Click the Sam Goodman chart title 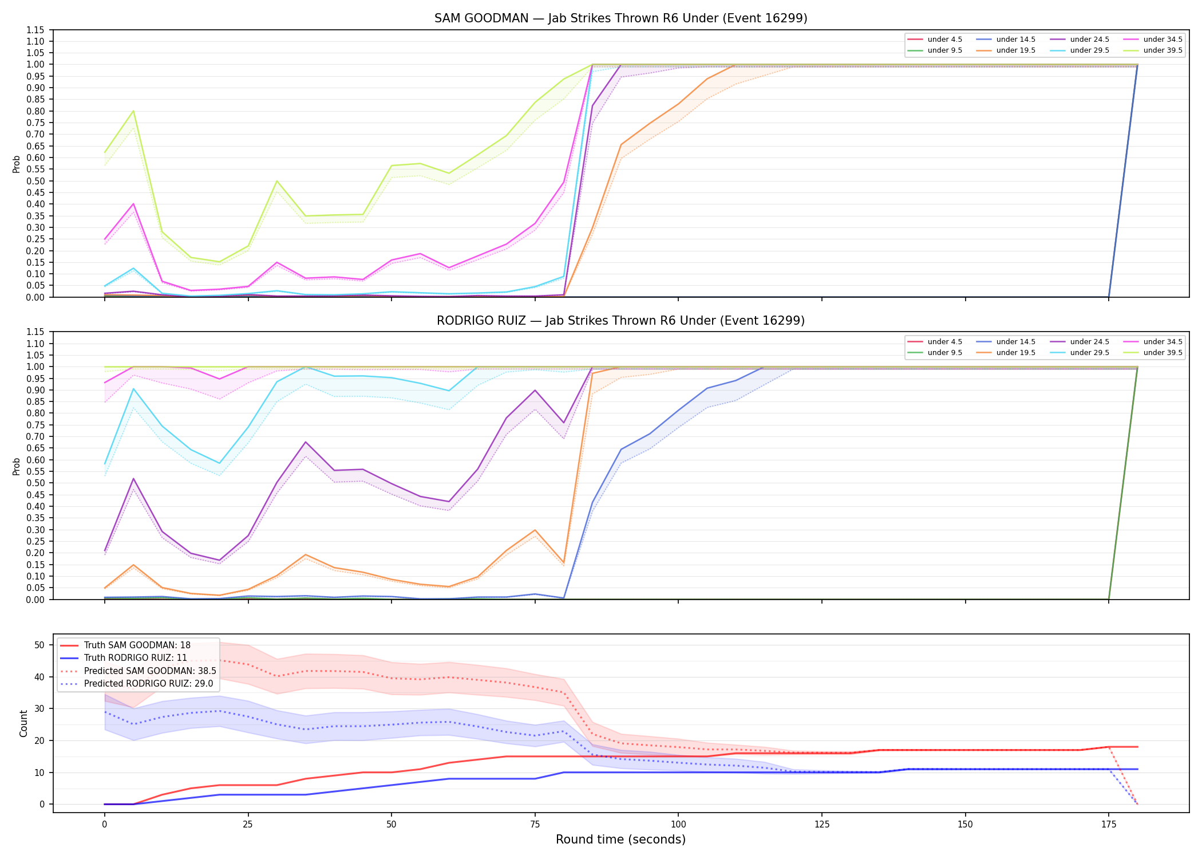pos(620,18)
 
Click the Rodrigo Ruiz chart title pos(620,321)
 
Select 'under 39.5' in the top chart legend pos(1163,50)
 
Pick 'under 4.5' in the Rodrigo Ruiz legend pos(944,342)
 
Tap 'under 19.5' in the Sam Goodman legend pos(1015,50)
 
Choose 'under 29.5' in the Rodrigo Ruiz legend pos(1089,353)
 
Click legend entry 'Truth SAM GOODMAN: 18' pos(137,645)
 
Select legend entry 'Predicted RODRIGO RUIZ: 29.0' pos(148,684)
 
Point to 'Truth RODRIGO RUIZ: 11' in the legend pos(136,658)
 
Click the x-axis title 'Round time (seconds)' pos(620,840)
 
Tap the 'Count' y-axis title pos(23,723)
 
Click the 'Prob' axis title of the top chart pos(17,164)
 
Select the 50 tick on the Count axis pos(39,645)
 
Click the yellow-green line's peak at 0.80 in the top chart pos(133,111)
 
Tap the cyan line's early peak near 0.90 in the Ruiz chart pos(133,389)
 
